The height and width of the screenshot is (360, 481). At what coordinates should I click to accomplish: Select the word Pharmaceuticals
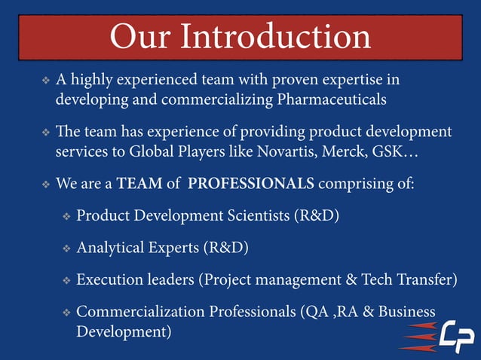tap(331, 99)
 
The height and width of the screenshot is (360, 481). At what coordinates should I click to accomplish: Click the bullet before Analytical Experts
tap(66, 248)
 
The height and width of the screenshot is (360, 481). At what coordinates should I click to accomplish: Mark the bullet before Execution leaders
tap(66, 280)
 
